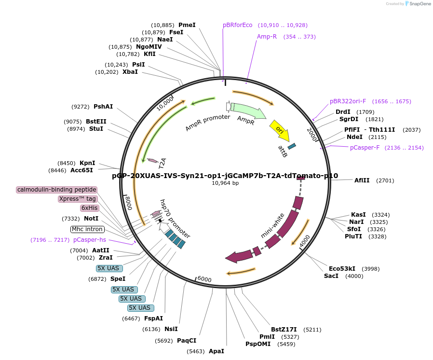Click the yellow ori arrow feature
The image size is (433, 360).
pyautogui.click(x=279, y=129)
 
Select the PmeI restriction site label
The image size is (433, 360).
pyautogui.click(x=187, y=25)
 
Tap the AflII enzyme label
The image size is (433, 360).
pyautogui.click(x=362, y=180)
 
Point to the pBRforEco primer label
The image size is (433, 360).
pyautogui.click(x=238, y=25)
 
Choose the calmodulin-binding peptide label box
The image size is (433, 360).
pyautogui.click(x=57, y=190)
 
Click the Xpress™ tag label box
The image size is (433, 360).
pyautogui.click(x=78, y=199)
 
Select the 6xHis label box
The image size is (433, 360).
pyautogui.click(x=89, y=208)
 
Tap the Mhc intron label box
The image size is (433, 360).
pyautogui.click(x=87, y=229)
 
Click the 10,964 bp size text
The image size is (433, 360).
pyautogui.click(x=225, y=183)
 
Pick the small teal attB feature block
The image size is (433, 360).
pyautogui.click(x=292, y=146)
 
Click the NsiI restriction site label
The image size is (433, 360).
pyautogui.click(x=171, y=329)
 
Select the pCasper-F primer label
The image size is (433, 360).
pyautogui.click(x=365, y=148)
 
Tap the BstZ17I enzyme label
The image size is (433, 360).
pyautogui.click(x=284, y=330)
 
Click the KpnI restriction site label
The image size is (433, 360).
pyautogui.click(x=87, y=163)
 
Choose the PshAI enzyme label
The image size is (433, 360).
pyautogui.click(x=103, y=107)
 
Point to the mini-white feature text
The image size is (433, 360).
pyautogui.click(x=273, y=225)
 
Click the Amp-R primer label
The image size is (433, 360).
pyautogui.click(x=267, y=37)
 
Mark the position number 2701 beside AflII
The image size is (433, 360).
pyautogui.click(x=385, y=180)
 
